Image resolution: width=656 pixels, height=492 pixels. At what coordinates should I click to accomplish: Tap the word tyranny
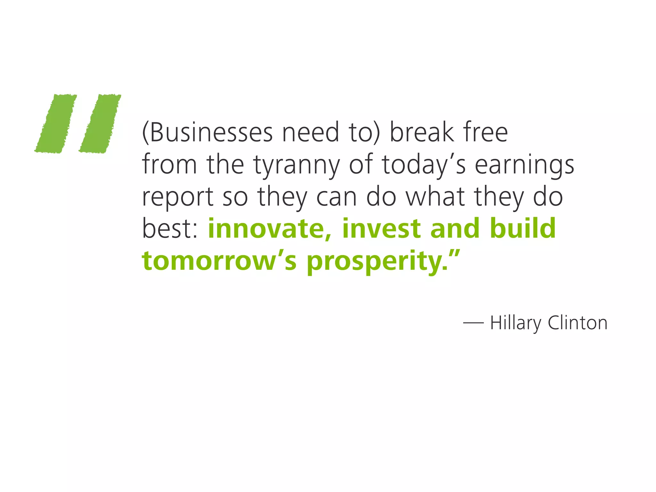pos(297,165)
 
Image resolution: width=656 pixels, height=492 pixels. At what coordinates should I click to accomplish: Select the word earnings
pos(524,165)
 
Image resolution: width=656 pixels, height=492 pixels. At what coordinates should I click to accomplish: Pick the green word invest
pos(381,229)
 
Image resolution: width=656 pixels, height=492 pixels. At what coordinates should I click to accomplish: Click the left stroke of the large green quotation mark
pos(56,124)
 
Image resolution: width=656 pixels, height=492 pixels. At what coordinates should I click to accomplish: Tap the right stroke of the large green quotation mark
pos(100,124)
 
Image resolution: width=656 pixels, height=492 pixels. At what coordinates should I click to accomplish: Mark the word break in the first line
pos(422,133)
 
